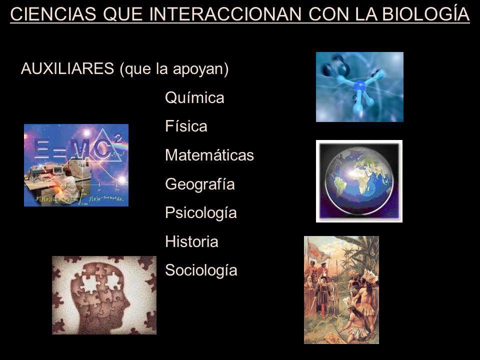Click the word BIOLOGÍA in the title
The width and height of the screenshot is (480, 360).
[x=426, y=14]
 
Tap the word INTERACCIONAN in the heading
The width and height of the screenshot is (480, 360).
[x=225, y=14]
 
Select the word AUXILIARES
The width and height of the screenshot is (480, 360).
[x=67, y=68]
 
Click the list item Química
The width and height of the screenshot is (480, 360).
[x=194, y=98]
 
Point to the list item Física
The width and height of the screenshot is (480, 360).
[x=186, y=126]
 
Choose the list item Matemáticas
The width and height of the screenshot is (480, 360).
[x=209, y=155]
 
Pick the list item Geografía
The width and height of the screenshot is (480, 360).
[x=200, y=184]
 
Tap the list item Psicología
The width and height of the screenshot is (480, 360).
[x=201, y=213]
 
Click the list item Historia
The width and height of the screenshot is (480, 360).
[x=191, y=241]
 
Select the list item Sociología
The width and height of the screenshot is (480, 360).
[x=201, y=270]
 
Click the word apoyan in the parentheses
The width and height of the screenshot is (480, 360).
[x=198, y=69]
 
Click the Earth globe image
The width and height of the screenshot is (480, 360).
[x=359, y=181]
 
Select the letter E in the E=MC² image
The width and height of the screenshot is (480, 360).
[x=42, y=148]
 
